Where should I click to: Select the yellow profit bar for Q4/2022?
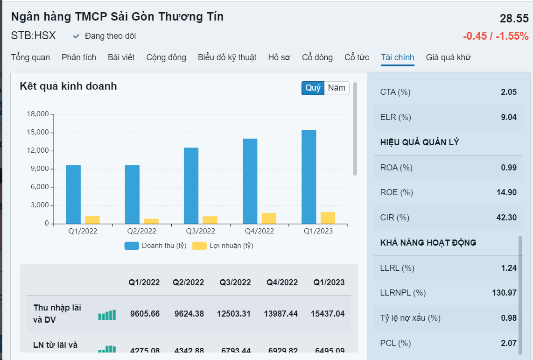click(269, 218)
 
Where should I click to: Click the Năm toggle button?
click(337, 88)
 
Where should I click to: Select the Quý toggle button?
click(313, 88)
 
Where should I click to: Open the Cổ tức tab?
click(357, 57)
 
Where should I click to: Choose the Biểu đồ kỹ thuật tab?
click(227, 57)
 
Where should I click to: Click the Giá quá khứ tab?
click(448, 57)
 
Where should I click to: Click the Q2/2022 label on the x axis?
click(141, 231)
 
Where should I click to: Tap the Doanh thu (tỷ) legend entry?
click(156, 246)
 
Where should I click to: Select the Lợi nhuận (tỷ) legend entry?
click(223, 246)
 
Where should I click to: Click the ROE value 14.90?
click(508, 192)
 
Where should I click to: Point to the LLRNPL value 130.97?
click(505, 293)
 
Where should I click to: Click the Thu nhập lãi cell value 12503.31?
click(233, 314)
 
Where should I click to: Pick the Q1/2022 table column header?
click(144, 282)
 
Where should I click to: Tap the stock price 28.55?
click(514, 19)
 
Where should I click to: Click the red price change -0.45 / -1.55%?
click(496, 36)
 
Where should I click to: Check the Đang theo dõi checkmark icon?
click(76, 36)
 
